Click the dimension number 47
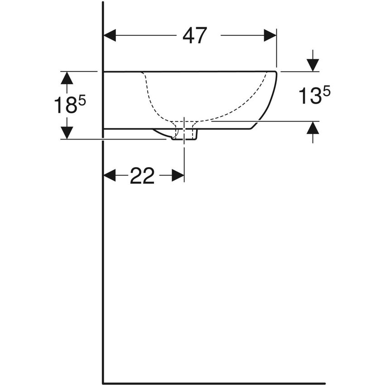pyautogui.click(x=195, y=35)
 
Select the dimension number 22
pyautogui.click(x=142, y=176)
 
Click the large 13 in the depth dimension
pyautogui.click(x=310, y=96)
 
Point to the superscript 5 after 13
pyautogui.click(x=326, y=91)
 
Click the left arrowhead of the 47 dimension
pyautogui.click(x=110, y=35)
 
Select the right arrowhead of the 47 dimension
pyautogui.click(x=270, y=35)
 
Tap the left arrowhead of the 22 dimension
pyautogui.click(x=110, y=175)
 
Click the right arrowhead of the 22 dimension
pyautogui.click(x=178, y=175)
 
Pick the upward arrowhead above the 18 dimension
pyautogui.click(x=67, y=78)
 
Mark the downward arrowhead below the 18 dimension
pyautogui.click(x=67, y=133)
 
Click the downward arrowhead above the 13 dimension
pyautogui.click(x=313, y=65)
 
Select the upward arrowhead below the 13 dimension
pyautogui.click(x=313, y=128)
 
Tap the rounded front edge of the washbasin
pyautogui.click(x=271, y=97)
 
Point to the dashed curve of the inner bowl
pyautogui.click(x=154, y=104)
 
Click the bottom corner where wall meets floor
pyautogui.click(x=104, y=383)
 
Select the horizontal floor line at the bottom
pyautogui.click(x=213, y=383)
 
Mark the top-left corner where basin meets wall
pyautogui.click(x=104, y=72)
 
